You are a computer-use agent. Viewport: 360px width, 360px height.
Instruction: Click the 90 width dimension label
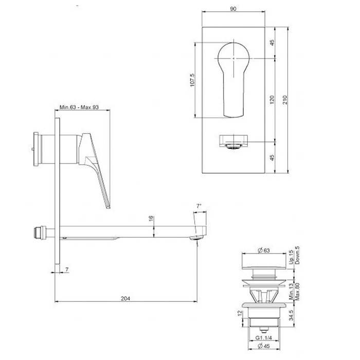click(x=233, y=9)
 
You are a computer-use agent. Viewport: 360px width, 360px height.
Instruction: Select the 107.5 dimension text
click(x=192, y=80)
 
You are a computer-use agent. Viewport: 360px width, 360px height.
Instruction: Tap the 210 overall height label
click(x=285, y=100)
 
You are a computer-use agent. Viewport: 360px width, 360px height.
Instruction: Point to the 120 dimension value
click(x=272, y=100)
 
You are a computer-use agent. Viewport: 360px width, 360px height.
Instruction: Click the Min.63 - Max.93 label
click(x=79, y=107)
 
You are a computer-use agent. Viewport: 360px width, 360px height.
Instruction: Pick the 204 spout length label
click(x=125, y=298)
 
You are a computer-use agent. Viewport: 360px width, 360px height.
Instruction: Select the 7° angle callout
click(x=199, y=206)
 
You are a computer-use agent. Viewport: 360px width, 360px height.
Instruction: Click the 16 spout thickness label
click(x=151, y=219)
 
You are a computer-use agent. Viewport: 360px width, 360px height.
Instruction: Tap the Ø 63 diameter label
click(x=264, y=250)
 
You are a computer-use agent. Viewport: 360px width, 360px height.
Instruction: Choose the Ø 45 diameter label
click(x=264, y=346)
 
